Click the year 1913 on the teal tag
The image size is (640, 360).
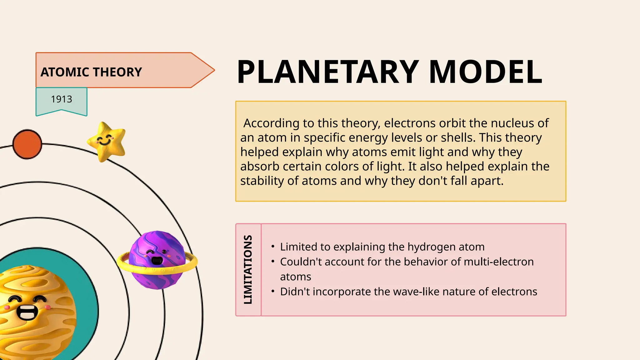(62, 99)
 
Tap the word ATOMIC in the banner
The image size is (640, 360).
(65, 72)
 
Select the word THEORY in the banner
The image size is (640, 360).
(117, 72)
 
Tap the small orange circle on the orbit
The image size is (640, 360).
(27, 144)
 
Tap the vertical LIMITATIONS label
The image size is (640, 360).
(248, 269)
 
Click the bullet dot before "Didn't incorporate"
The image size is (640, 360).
(273, 292)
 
